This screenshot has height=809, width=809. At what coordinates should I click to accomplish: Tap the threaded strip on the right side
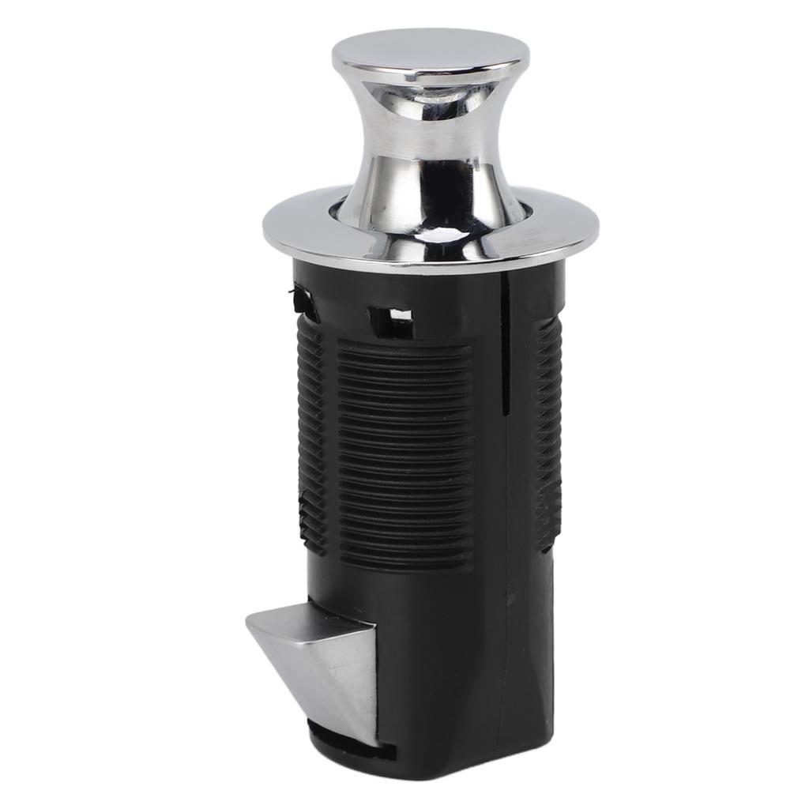(549, 435)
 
